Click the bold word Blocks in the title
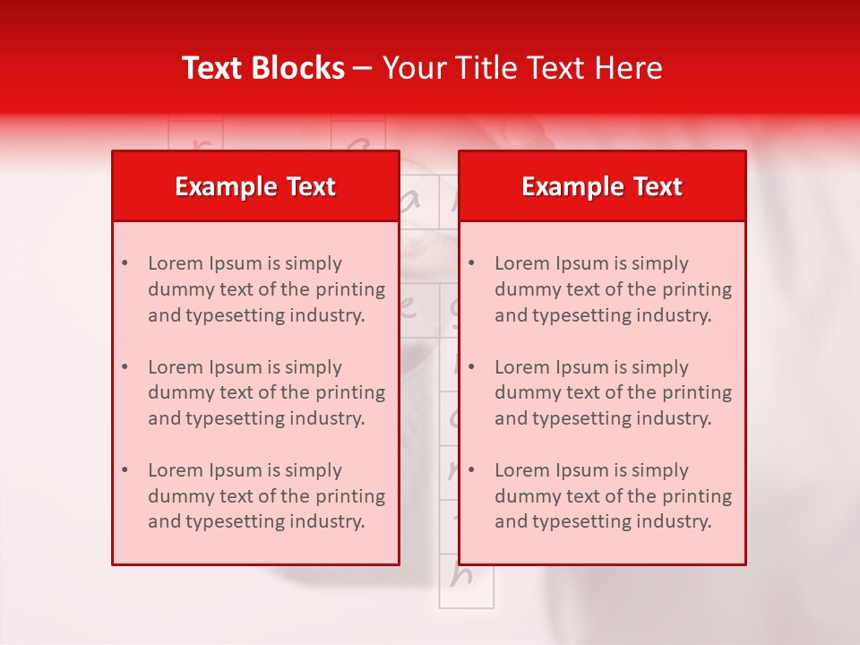pyautogui.click(x=298, y=68)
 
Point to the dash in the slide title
pyautogui.click(x=363, y=69)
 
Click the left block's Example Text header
pyautogui.click(x=255, y=186)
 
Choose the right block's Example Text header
pyautogui.click(x=602, y=186)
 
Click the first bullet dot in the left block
pyautogui.click(x=125, y=263)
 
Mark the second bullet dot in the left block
pyautogui.click(x=125, y=367)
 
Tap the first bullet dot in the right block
pyautogui.click(x=471, y=263)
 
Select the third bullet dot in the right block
pyautogui.click(x=471, y=470)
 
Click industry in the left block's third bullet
pyautogui.click(x=333, y=521)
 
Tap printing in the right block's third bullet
pyautogui.click(x=696, y=496)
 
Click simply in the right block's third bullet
pyautogui.click(x=659, y=470)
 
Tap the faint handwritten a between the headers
pyautogui.click(x=411, y=202)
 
